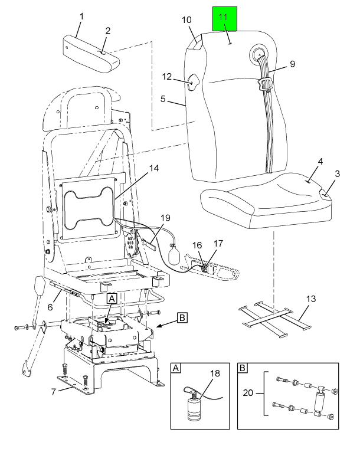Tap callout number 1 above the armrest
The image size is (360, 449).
pyautogui.click(x=81, y=16)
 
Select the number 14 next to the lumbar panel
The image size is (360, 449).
pyautogui.click(x=153, y=168)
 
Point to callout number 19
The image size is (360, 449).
pyautogui.click(x=166, y=218)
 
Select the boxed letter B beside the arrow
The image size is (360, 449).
pyautogui.click(x=182, y=317)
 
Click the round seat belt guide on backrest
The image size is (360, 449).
pyautogui.click(x=260, y=54)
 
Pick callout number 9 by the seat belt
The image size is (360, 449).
pyautogui.click(x=292, y=63)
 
